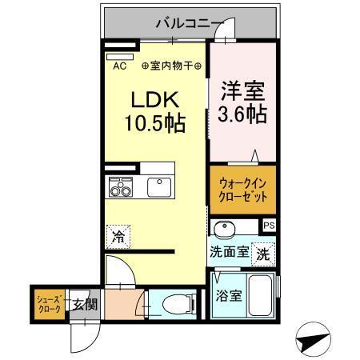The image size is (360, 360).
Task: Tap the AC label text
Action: point(120,67)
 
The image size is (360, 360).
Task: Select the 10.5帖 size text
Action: point(155,124)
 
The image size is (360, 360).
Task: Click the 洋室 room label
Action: point(242,90)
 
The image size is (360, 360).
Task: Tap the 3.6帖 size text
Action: point(242,114)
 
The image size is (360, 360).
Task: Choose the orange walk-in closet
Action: point(243,190)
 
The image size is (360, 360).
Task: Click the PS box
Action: point(269,226)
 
